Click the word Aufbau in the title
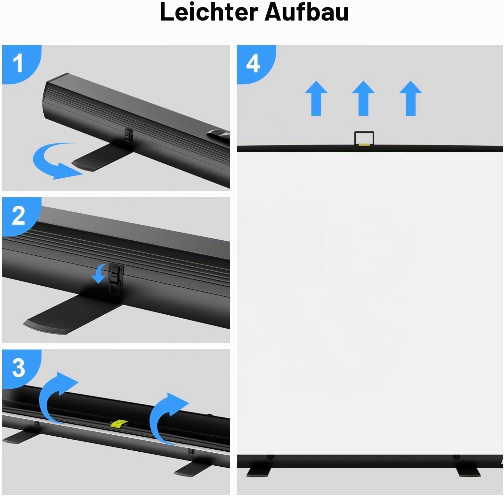pos(307,12)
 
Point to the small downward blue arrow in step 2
pos(99,273)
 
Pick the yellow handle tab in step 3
pos(119,423)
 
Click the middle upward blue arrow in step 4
pos(363,98)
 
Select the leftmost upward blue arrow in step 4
pos(316,98)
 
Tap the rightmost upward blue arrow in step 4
pos(410,98)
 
